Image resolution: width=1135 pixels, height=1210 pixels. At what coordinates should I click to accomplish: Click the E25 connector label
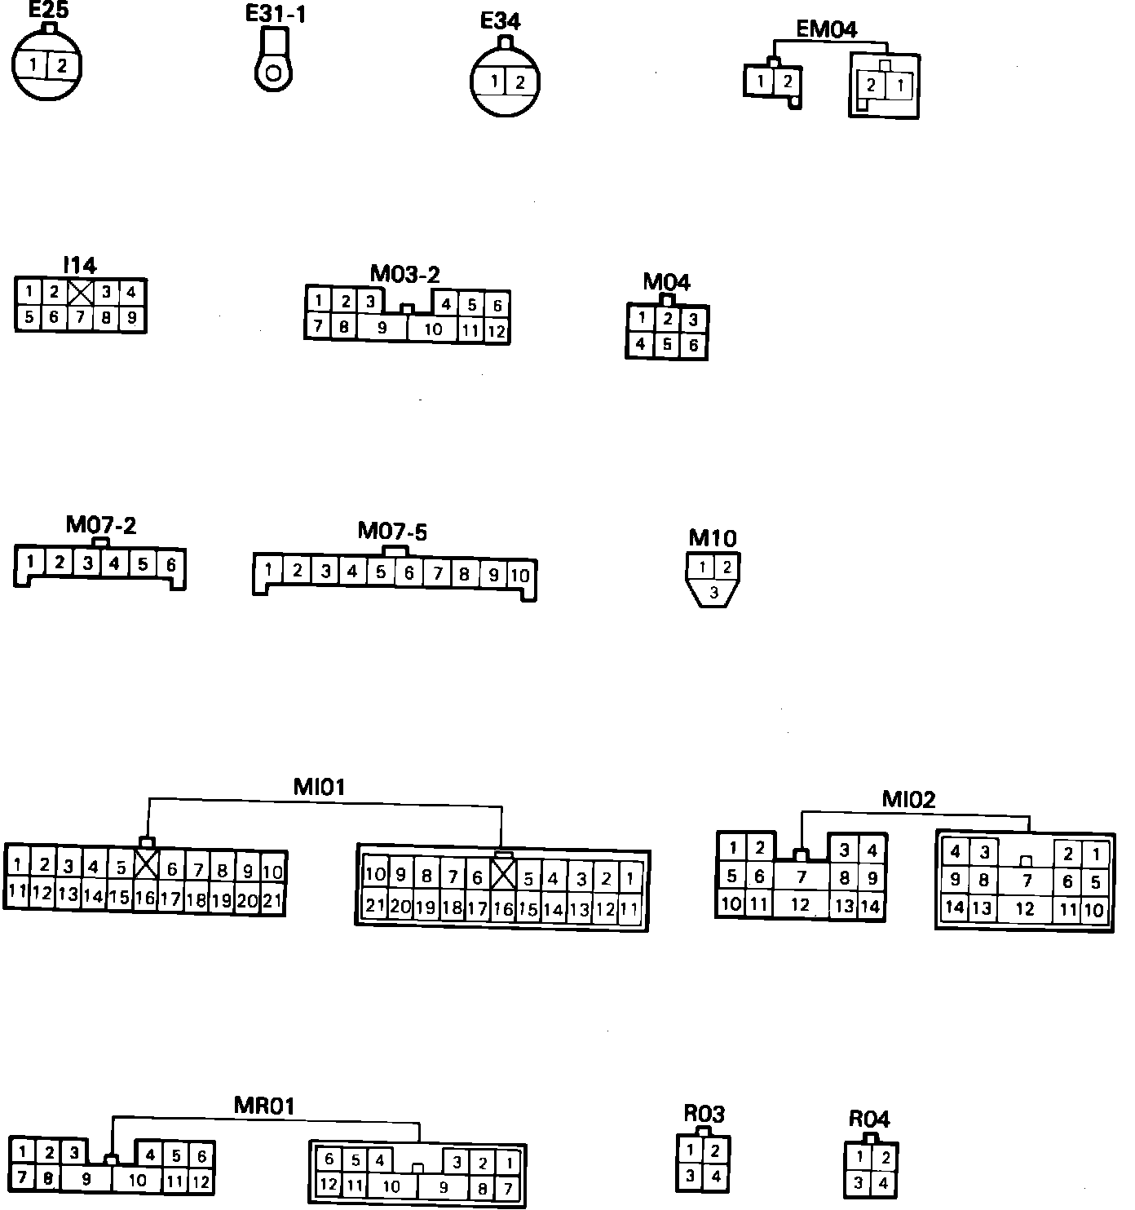tap(48, 10)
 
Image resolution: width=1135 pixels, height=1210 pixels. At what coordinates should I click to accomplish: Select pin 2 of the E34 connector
tap(519, 82)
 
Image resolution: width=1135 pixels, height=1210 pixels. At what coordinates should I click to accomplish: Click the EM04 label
tap(826, 29)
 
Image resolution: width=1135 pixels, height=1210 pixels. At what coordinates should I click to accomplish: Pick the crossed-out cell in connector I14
tap(81, 292)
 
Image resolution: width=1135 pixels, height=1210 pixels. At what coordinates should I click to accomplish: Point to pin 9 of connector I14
tap(131, 317)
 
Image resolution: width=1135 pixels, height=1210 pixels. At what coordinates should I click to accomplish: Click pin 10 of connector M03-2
tap(433, 329)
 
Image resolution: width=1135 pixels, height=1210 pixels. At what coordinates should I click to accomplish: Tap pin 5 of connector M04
tap(667, 344)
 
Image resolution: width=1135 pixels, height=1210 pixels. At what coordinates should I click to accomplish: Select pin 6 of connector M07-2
tap(170, 563)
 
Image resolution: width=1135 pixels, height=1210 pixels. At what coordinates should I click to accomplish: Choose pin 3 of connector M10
tap(713, 593)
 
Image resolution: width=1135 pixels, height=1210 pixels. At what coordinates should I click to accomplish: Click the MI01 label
tap(319, 787)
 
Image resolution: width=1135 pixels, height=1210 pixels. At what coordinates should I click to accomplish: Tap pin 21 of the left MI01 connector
tap(273, 901)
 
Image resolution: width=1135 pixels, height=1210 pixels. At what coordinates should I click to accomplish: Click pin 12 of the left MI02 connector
tap(800, 904)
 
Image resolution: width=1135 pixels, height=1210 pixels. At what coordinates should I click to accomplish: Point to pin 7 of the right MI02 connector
tap(1027, 881)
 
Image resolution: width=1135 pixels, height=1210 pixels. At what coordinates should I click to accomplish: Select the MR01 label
tap(263, 1106)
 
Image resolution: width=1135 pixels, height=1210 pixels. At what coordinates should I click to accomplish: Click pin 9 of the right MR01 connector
tap(443, 1187)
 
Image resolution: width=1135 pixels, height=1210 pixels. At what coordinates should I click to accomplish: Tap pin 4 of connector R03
tap(715, 1176)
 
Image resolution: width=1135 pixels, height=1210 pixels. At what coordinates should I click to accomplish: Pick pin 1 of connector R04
tap(859, 1157)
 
